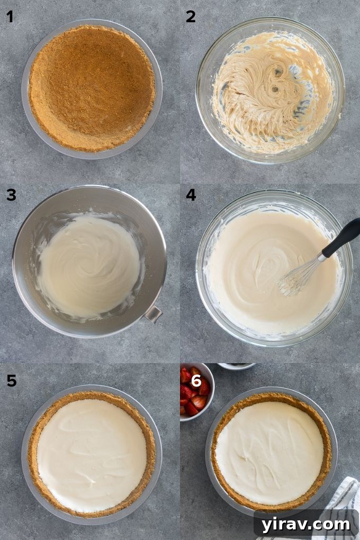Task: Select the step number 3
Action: pos(11,195)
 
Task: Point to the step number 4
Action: pos(191,195)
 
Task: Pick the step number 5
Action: pos(11,380)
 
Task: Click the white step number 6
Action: pos(196,380)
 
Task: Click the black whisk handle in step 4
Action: pos(343,238)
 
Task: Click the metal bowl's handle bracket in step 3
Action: pos(153,314)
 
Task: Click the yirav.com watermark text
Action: pos(304,525)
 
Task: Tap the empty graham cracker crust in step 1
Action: pos(92,87)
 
